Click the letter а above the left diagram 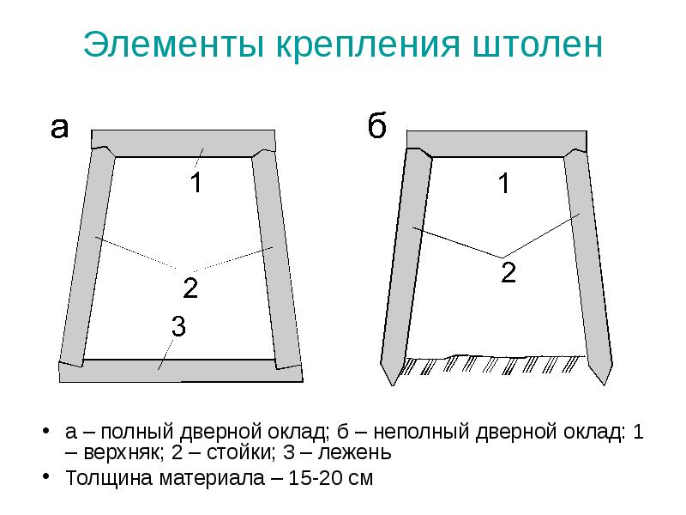(58, 128)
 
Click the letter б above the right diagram (377, 128)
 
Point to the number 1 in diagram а (196, 183)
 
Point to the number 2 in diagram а (190, 288)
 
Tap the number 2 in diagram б (508, 274)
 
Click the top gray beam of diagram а (183, 142)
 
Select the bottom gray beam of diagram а (180, 371)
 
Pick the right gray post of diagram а (277, 257)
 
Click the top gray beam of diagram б (496, 142)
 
